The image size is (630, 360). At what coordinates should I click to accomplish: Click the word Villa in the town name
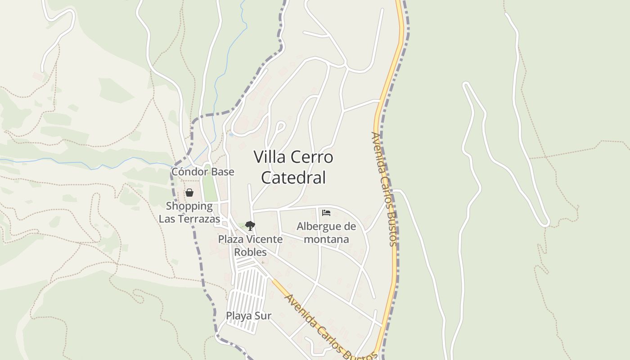pyautogui.click(x=269, y=157)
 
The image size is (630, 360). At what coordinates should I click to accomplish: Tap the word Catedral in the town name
pyautogui.click(x=293, y=177)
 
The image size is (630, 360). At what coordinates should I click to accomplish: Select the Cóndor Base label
pyautogui.click(x=202, y=171)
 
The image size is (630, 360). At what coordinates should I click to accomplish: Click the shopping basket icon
pyautogui.click(x=189, y=193)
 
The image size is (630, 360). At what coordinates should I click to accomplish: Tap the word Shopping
pyautogui.click(x=189, y=206)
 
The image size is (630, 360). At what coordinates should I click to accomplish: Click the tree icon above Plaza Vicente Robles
pyautogui.click(x=250, y=226)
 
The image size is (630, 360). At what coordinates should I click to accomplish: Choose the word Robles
pyautogui.click(x=250, y=252)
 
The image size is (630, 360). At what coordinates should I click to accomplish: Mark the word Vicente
pyautogui.click(x=263, y=239)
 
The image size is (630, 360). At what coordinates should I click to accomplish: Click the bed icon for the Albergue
pyautogui.click(x=326, y=212)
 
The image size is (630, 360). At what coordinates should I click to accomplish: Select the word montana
pyautogui.click(x=326, y=239)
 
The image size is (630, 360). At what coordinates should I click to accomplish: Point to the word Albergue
pyautogui.click(x=326, y=226)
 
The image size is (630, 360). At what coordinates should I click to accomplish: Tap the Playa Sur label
pyautogui.click(x=248, y=315)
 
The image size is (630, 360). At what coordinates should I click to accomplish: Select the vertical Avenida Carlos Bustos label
pyautogui.click(x=384, y=189)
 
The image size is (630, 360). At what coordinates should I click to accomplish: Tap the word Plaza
pyautogui.click(x=231, y=239)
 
